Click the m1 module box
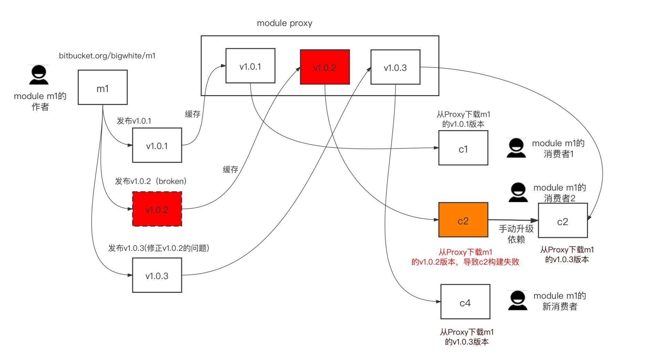point(103,87)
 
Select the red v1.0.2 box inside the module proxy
point(325,67)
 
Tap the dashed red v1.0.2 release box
point(157,209)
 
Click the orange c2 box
point(463,220)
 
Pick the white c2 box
point(563,220)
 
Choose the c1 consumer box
point(463,148)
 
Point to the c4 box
point(465,302)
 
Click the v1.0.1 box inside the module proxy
point(250,66)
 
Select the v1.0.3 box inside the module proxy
point(395,67)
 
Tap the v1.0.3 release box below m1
point(157,275)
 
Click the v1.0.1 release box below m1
point(157,145)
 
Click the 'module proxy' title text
point(284,23)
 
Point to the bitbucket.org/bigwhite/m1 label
point(107,55)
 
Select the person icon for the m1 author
point(39,75)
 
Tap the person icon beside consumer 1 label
point(516,148)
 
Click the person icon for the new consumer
point(517,300)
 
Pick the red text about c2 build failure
point(465,257)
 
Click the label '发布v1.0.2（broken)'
point(150,181)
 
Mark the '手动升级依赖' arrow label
point(516,234)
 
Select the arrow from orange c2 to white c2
point(513,220)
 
